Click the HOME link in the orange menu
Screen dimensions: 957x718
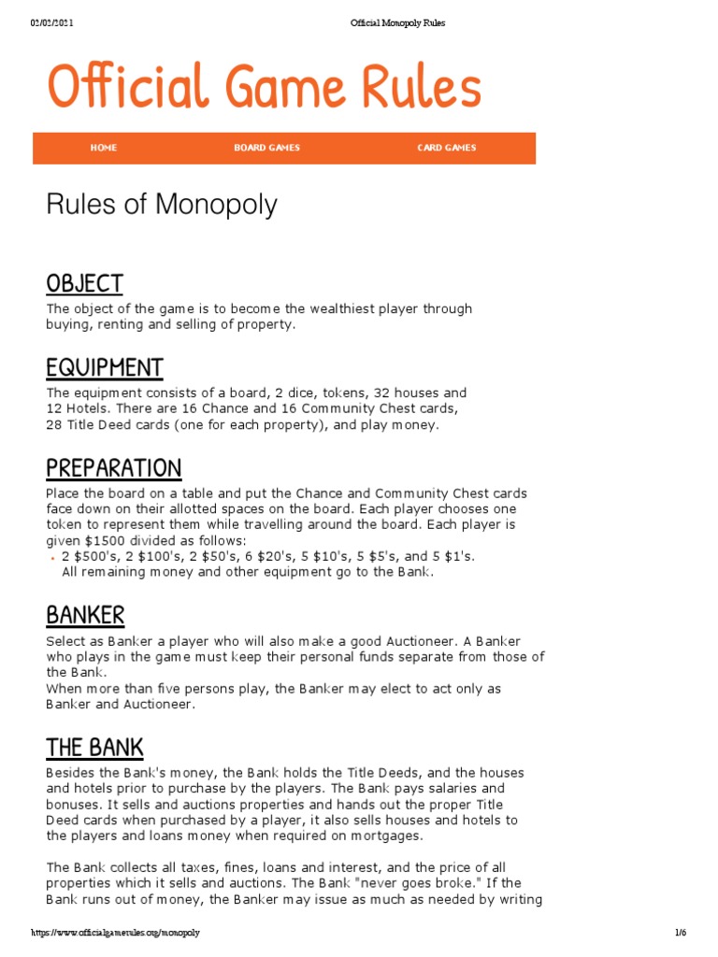pos(104,148)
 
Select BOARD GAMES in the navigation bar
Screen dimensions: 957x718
pos(266,148)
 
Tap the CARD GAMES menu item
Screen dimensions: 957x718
pos(446,148)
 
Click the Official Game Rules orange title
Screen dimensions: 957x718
pos(265,88)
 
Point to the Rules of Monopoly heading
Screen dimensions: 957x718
pos(162,205)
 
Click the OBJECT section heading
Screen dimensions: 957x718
pos(84,283)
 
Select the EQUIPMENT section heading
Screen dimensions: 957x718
pos(105,367)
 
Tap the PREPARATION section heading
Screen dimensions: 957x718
pos(114,468)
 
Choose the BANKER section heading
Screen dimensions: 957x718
pos(85,616)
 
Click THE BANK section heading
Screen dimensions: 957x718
pos(94,748)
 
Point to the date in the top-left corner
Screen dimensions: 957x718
pos(52,22)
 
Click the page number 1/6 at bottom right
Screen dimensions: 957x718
pos(681,933)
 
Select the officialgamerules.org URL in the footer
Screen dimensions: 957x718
pos(115,933)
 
